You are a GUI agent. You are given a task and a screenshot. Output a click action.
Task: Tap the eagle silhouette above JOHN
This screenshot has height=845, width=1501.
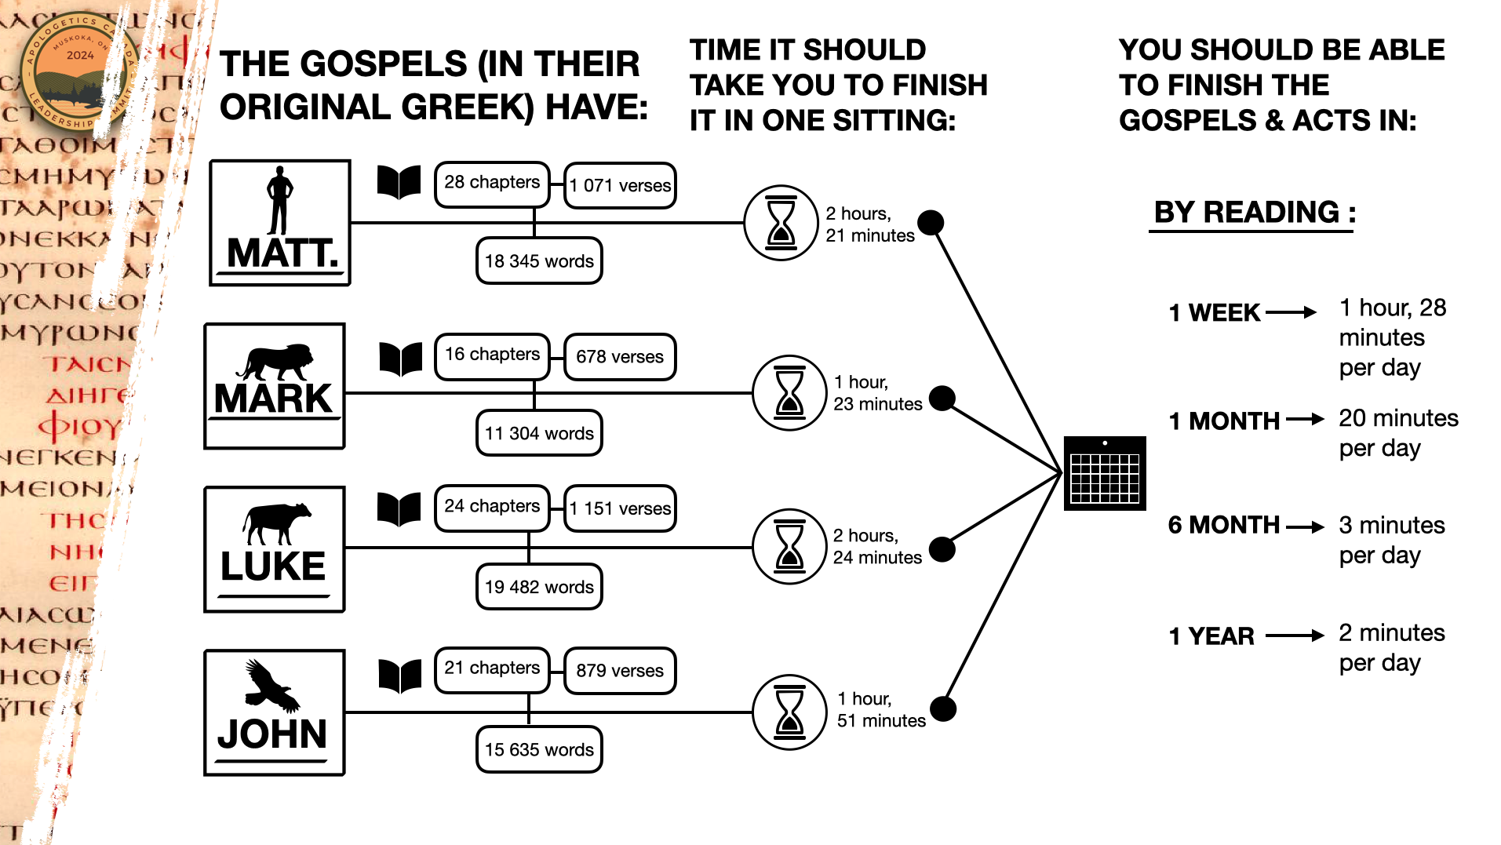[x=271, y=685]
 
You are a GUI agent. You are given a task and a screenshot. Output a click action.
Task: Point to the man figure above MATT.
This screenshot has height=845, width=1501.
[x=279, y=200]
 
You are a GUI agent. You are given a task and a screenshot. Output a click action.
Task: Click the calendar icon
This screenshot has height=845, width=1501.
[x=1105, y=474]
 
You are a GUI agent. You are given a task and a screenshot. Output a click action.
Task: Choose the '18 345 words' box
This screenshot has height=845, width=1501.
[x=539, y=261]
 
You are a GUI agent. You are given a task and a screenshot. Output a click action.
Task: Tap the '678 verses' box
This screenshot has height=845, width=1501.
[x=620, y=357]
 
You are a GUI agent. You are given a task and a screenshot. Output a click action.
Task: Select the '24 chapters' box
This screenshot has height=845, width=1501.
[x=492, y=507]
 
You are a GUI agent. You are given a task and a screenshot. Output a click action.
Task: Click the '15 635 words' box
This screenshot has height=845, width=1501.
[x=539, y=750]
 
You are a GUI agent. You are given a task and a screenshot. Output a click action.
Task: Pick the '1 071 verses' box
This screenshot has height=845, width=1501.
[x=620, y=186]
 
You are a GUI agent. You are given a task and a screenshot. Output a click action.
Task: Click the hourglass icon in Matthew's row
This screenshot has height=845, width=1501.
[x=781, y=223]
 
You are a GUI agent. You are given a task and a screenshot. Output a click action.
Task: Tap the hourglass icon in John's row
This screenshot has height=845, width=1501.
[x=789, y=712]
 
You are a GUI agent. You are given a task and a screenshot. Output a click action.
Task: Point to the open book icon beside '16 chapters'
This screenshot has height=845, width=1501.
[x=401, y=359]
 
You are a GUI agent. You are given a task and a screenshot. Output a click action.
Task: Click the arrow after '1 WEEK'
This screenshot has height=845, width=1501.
[x=1291, y=312]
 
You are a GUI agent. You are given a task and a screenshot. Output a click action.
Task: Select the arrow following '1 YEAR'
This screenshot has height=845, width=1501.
[x=1295, y=636]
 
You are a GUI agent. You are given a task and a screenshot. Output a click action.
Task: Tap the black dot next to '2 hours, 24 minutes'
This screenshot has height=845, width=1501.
[x=942, y=550]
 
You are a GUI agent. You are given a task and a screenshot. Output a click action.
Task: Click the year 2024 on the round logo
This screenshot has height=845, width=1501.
[x=80, y=56]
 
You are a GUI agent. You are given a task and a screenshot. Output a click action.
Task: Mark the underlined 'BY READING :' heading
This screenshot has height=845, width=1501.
[x=1254, y=213]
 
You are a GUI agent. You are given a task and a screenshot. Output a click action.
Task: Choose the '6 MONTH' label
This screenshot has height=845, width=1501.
[x=1223, y=525]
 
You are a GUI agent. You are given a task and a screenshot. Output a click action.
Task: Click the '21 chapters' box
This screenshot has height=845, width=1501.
[x=492, y=668]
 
